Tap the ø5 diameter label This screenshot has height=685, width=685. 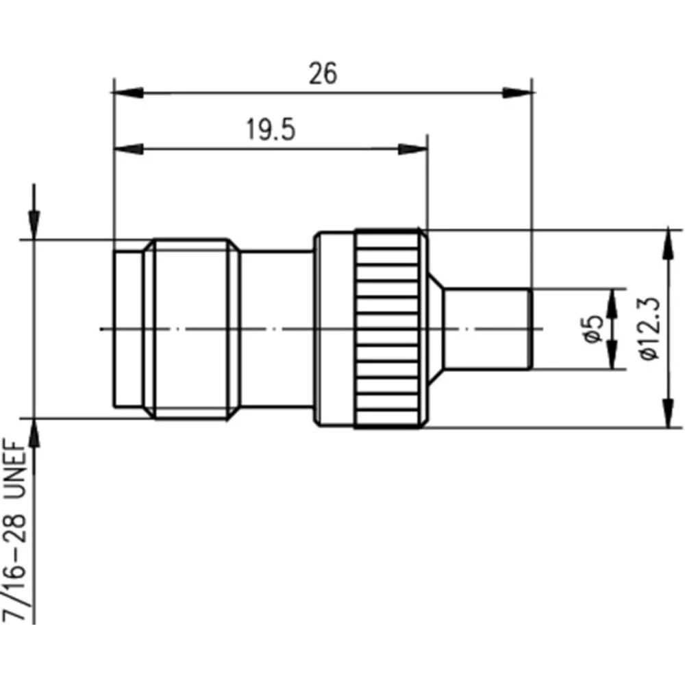[x=593, y=329]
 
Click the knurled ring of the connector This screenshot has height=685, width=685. [x=387, y=329]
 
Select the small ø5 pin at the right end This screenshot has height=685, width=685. [x=487, y=329]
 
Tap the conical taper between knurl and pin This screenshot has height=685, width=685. [x=434, y=329]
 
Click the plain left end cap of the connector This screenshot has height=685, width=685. [x=128, y=329]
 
